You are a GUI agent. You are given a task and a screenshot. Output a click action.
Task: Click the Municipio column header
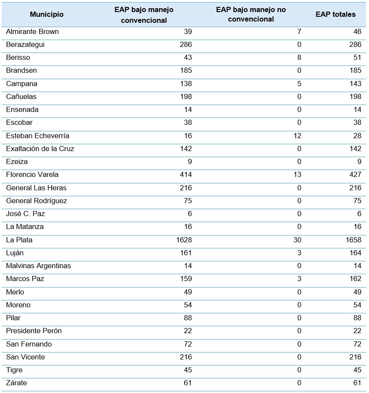(x=47, y=14)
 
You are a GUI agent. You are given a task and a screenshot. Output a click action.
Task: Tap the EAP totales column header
(x=335, y=14)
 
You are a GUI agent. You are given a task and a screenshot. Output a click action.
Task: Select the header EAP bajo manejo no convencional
(x=251, y=14)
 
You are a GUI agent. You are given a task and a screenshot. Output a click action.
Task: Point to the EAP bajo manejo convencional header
(x=144, y=15)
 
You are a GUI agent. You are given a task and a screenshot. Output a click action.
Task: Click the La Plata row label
(x=19, y=240)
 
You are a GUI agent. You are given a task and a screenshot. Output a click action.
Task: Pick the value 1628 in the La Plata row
(x=184, y=240)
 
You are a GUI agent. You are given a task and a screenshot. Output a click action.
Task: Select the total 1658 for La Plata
(x=353, y=240)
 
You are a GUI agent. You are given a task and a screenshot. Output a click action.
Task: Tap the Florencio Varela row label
(x=32, y=175)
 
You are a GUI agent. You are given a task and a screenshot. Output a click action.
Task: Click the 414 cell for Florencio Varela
(x=186, y=175)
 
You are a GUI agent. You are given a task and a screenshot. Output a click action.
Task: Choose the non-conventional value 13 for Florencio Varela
(x=297, y=175)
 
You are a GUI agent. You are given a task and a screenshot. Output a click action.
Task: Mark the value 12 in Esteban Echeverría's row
(x=297, y=136)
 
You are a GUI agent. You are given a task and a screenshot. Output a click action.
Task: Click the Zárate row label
(x=16, y=383)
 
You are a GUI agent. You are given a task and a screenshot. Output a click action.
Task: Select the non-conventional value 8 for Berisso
(x=299, y=58)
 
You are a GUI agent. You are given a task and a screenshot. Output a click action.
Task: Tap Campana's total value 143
(x=355, y=84)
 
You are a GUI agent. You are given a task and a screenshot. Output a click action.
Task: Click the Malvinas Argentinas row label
(x=38, y=266)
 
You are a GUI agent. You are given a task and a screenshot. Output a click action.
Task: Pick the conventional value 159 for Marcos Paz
(x=186, y=279)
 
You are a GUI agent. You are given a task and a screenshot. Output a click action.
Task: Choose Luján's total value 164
(x=355, y=253)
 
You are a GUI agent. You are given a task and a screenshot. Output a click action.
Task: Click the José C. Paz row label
(x=25, y=214)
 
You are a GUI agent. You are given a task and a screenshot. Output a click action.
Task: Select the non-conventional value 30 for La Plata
(x=297, y=240)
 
